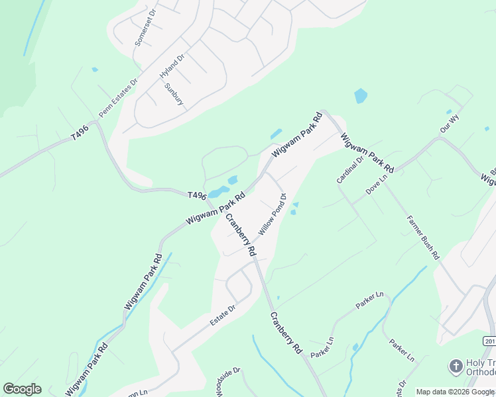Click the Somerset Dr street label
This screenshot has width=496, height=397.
(145, 28)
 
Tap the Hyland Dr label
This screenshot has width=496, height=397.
(171, 67)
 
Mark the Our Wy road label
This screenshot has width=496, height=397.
(449, 122)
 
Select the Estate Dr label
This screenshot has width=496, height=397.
(223, 314)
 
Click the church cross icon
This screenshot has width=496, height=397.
(456, 366)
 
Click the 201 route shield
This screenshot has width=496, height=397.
(489, 341)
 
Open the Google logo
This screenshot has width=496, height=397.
(22, 389)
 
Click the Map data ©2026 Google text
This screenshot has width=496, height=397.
(455, 392)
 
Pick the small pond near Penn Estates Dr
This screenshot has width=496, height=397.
(95, 69)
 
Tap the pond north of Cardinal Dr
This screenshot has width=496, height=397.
(360, 96)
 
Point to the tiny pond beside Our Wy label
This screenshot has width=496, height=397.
(449, 112)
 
